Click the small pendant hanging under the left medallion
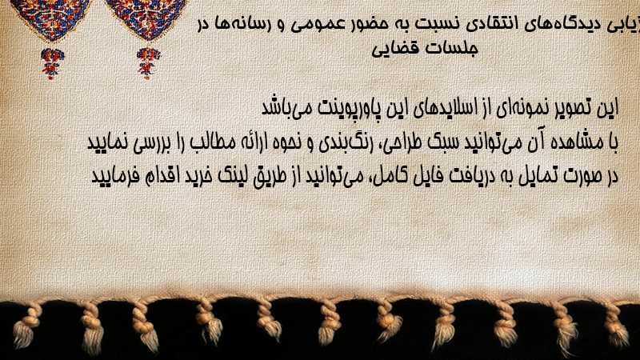tap(52, 63)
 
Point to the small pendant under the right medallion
tap(148, 63)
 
